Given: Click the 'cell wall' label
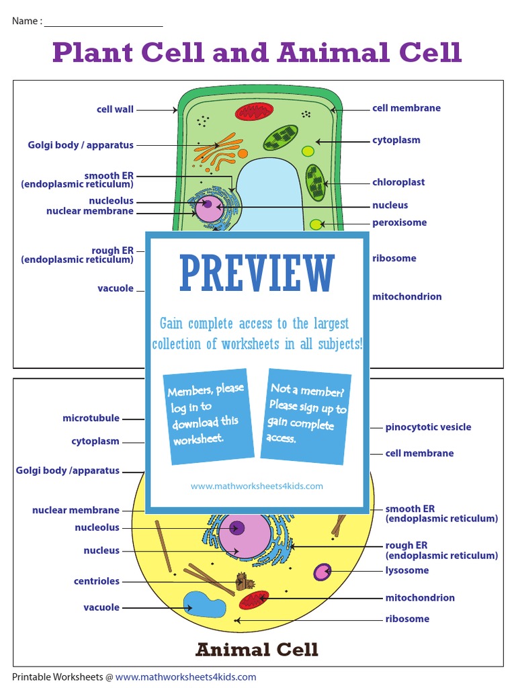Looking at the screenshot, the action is tap(115, 110).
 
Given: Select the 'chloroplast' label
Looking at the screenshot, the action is tap(398, 182).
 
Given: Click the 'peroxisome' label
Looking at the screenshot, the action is tap(399, 222).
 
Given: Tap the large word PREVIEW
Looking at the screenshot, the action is tap(257, 273).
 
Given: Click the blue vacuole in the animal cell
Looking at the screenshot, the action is tap(204, 605).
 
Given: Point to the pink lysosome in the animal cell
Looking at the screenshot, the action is tap(322, 572).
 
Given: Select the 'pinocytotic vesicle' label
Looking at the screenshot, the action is tap(428, 427).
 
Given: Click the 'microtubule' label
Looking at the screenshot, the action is tap(91, 418).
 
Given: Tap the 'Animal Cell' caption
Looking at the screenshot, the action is tap(257, 650).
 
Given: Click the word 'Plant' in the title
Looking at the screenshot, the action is tap(93, 52).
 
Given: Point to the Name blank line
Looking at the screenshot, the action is tap(103, 26).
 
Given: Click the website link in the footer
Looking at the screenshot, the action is tap(185, 677).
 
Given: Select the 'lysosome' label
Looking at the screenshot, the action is tap(406, 570).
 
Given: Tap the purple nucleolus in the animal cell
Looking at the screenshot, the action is tap(236, 528).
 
